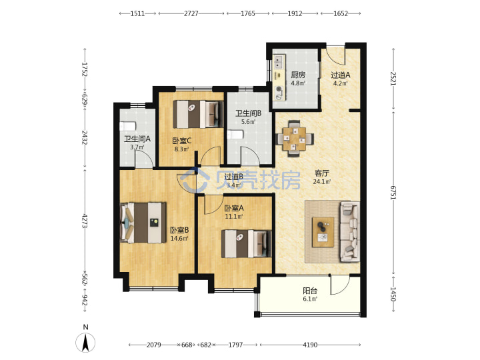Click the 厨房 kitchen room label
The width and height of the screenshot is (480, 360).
(x=298, y=75)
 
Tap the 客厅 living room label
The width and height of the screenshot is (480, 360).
(x=322, y=173)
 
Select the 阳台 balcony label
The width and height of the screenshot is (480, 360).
(x=310, y=291)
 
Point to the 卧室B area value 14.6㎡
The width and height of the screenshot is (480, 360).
(x=179, y=238)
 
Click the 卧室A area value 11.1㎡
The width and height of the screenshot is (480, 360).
(x=234, y=217)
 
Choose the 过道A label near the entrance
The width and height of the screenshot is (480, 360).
(x=341, y=75)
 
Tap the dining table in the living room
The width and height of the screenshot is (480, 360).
(x=295, y=139)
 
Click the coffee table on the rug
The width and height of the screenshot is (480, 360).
(x=323, y=232)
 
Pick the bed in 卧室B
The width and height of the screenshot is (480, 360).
(x=143, y=223)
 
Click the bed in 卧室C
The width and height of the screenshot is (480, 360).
(x=198, y=114)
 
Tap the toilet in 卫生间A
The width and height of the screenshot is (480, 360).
(x=127, y=126)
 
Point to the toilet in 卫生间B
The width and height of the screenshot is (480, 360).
(x=235, y=135)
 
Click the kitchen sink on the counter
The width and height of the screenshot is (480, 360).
(x=278, y=61)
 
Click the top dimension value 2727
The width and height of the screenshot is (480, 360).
(x=191, y=13)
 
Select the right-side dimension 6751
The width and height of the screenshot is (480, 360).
(x=393, y=193)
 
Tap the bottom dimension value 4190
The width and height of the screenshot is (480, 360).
(x=310, y=345)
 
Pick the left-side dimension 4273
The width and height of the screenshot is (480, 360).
(x=85, y=221)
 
